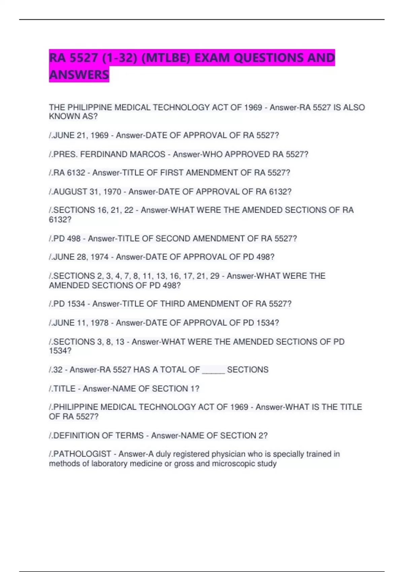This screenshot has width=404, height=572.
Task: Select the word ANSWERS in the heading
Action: point(79,75)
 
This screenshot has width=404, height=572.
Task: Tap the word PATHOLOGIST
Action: point(82,454)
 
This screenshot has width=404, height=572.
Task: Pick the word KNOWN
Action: point(63,117)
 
